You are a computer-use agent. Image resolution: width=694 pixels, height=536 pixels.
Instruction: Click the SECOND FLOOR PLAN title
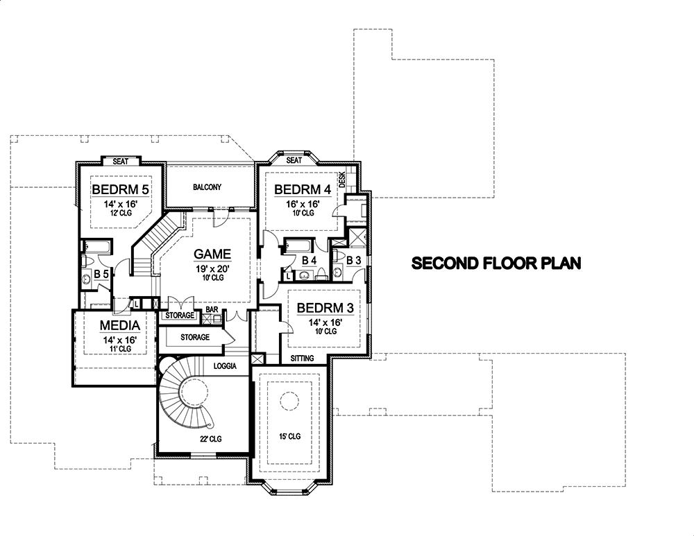point(496,263)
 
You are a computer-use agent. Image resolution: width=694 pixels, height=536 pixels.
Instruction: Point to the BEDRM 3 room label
point(321,307)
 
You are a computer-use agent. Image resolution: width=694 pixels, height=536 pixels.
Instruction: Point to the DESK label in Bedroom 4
point(341,181)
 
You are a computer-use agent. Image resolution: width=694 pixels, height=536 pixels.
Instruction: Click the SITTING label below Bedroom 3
point(303,358)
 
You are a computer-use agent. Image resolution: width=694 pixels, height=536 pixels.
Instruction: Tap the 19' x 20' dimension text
point(212,268)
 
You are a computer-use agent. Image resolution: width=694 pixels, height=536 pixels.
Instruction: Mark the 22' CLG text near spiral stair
point(211,439)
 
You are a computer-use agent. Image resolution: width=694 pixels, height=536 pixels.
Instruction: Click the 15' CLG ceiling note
point(289,437)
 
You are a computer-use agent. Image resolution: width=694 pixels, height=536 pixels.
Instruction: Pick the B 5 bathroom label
point(101,273)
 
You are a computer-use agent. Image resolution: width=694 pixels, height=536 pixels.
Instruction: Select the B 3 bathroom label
point(353,260)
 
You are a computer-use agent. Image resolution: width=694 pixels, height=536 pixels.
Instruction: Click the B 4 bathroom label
point(310,260)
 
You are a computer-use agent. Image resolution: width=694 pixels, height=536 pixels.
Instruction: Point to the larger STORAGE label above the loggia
point(195,337)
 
